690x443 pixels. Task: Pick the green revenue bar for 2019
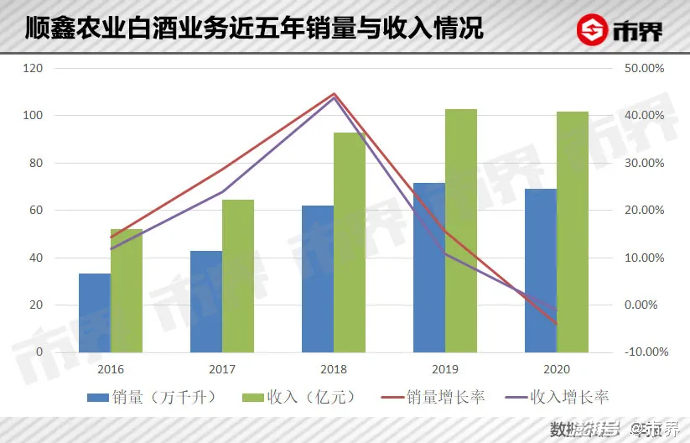tap(461, 231)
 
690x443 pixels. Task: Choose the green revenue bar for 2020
tap(573, 232)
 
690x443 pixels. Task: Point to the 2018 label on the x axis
tap(334, 368)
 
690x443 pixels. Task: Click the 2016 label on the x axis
tap(111, 368)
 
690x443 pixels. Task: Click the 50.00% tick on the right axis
tap(645, 68)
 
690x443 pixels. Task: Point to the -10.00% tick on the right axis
tap(643, 352)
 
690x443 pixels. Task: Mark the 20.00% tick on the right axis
tap(645, 210)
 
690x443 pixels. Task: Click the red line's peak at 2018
tap(334, 93)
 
